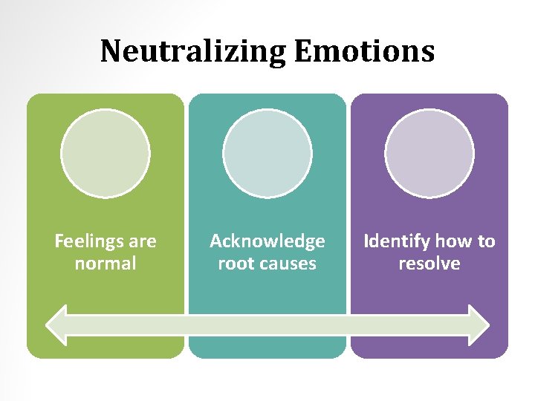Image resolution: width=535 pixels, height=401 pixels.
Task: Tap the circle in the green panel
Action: coord(106,154)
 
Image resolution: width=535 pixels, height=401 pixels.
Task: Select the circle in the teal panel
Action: coord(267,154)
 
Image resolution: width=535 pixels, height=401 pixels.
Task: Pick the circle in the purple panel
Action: coord(429,154)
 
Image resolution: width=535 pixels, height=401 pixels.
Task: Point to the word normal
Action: coord(106,264)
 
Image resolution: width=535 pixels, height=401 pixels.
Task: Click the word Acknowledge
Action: coord(267,241)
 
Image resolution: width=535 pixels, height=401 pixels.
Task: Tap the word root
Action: coord(233,264)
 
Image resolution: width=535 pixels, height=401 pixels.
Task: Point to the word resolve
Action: coord(429,264)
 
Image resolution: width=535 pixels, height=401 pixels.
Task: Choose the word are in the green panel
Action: coord(143,241)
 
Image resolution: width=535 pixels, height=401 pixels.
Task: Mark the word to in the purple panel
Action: coord(487,241)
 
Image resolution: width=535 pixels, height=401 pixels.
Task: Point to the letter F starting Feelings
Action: coord(59,241)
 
